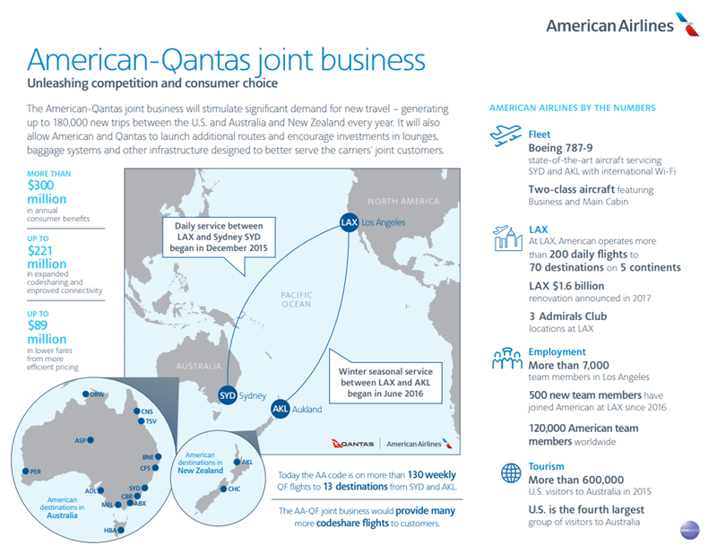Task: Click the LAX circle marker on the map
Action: (x=349, y=222)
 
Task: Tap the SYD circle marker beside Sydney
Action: (x=228, y=395)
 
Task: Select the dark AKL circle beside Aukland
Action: (x=280, y=409)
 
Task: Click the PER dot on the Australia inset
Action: (x=26, y=472)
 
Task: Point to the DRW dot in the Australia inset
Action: (x=85, y=394)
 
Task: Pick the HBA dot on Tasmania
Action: (x=121, y=530)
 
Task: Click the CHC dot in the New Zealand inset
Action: (x=223, y=489)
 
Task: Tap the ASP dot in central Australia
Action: (x=91, y=440)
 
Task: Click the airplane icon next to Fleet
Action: (x=505, y=135)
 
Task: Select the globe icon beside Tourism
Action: (x=511, y=473)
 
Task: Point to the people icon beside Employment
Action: (x=507, y=359)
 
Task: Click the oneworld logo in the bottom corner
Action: (x=689, y=530)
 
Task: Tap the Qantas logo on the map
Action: (x=352, y=444)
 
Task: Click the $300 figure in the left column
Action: (x=40, y=186)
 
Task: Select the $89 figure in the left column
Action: (x=38, y=325)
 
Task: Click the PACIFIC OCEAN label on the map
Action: (x=297, y=299)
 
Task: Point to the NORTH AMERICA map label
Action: (x=403, y=202)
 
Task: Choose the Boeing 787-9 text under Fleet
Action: (x=561, y=148)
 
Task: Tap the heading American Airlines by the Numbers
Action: (x=573, y=108)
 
